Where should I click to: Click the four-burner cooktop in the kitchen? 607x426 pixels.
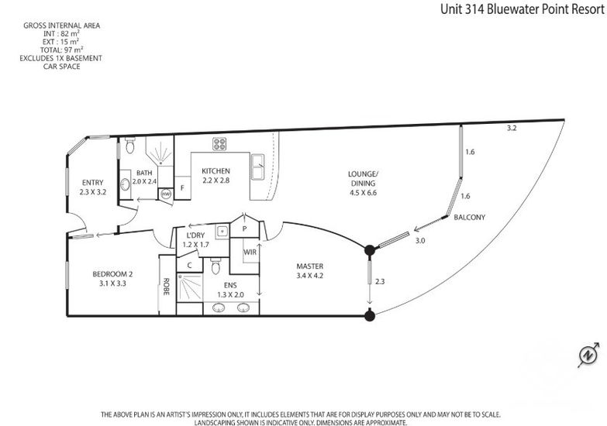219,144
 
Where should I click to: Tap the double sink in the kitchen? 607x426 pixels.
258,167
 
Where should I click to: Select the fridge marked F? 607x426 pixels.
182,188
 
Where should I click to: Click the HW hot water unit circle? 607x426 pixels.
166,194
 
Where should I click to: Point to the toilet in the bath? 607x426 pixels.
129,146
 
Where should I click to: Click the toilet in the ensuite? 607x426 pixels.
216,266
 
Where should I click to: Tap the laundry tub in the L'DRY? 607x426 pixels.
222,232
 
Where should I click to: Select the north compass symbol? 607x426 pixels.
589,355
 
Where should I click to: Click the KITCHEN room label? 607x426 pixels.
216,170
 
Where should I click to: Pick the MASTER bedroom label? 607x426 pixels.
309,266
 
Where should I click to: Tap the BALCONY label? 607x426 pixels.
469,217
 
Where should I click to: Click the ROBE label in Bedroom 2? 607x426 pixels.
167,287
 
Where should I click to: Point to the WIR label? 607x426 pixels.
250,252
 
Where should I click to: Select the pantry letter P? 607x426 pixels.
245,228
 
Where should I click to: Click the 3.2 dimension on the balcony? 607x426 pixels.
512,128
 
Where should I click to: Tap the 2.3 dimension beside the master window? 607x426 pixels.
380,281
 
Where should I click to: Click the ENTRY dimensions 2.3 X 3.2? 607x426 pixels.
93,191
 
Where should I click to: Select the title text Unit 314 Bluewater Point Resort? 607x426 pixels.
522,9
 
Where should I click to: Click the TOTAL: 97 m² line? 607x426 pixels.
61,50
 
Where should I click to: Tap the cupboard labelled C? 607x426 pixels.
189,266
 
